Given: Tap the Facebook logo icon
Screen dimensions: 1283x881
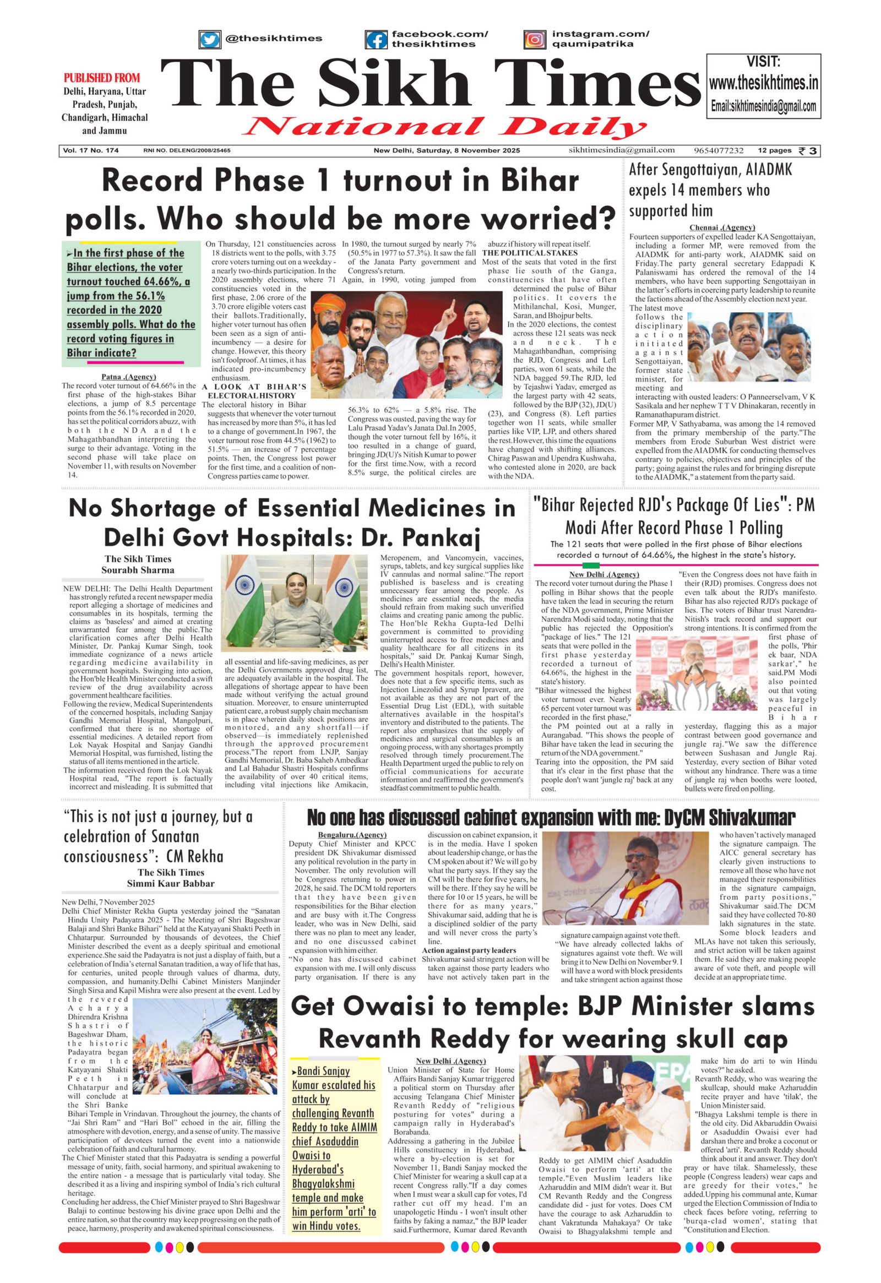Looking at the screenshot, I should click(376, 40).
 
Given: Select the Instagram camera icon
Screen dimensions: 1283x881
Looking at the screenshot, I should click(534, 40).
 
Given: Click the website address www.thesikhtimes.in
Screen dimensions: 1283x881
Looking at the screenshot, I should click(763, 83).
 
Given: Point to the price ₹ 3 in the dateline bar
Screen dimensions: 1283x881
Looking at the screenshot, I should click(809, 151).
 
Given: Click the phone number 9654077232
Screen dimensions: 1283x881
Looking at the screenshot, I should click(719, 150).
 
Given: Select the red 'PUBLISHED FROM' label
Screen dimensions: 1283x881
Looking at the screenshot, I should click(102, 78).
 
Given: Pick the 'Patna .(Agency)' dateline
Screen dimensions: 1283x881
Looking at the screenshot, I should click(129, 377).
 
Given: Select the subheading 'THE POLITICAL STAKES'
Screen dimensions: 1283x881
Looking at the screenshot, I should click(530, 253).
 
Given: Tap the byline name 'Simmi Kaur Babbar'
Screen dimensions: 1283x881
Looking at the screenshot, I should click(171, 883).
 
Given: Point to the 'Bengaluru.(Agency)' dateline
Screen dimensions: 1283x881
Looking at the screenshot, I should click(352, 835).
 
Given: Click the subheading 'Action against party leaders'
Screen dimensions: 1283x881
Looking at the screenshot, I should click(469, 950).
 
